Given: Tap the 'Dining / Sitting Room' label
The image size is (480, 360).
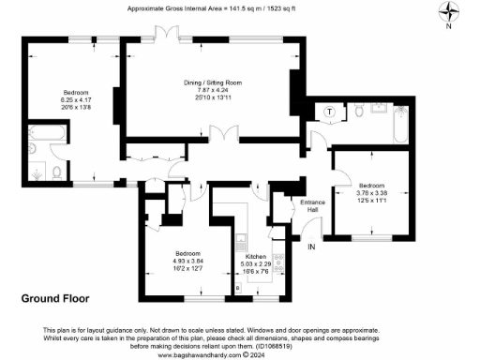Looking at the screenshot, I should pos(212,83).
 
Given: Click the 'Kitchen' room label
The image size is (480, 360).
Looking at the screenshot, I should pos(256,256).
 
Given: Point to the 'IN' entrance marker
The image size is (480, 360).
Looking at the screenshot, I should pos(313,247).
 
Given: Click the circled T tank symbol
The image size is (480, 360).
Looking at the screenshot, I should pos(330,112).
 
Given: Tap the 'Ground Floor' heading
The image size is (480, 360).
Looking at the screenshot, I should pos(53,298).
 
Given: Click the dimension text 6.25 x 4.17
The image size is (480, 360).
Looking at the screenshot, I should pos(76,100).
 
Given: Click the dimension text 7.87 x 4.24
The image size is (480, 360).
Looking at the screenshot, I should pos(212,91).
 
